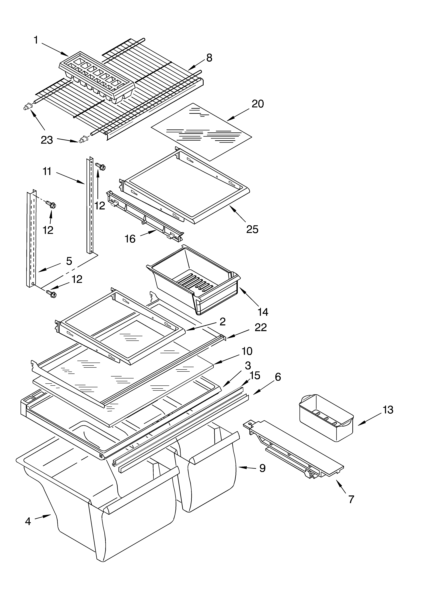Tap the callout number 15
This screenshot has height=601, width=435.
255,375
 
